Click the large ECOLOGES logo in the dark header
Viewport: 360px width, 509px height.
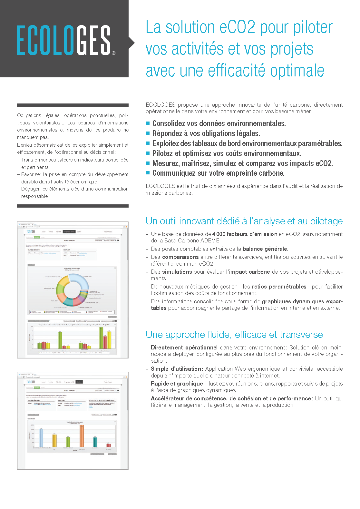(x=64, y=40)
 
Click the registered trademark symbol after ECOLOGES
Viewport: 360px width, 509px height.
(x=114, y=53)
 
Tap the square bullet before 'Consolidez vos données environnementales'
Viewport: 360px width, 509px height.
(x=148, y=123)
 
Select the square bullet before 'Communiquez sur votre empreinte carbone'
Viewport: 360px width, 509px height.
(x=148, y=173)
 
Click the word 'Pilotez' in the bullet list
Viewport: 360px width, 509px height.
(x=163, y=153)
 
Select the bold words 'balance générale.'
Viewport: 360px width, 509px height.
(x=265, y=249)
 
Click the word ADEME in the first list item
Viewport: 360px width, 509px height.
(x=210, y=240)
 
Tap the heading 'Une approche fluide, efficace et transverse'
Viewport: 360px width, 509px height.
(x=234, y=335)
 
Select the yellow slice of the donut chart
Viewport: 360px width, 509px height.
(x=63, y=281)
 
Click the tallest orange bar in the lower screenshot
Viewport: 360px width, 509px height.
(x=82, y=436)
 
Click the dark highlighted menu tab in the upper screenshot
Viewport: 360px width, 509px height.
(x=69, y=232)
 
